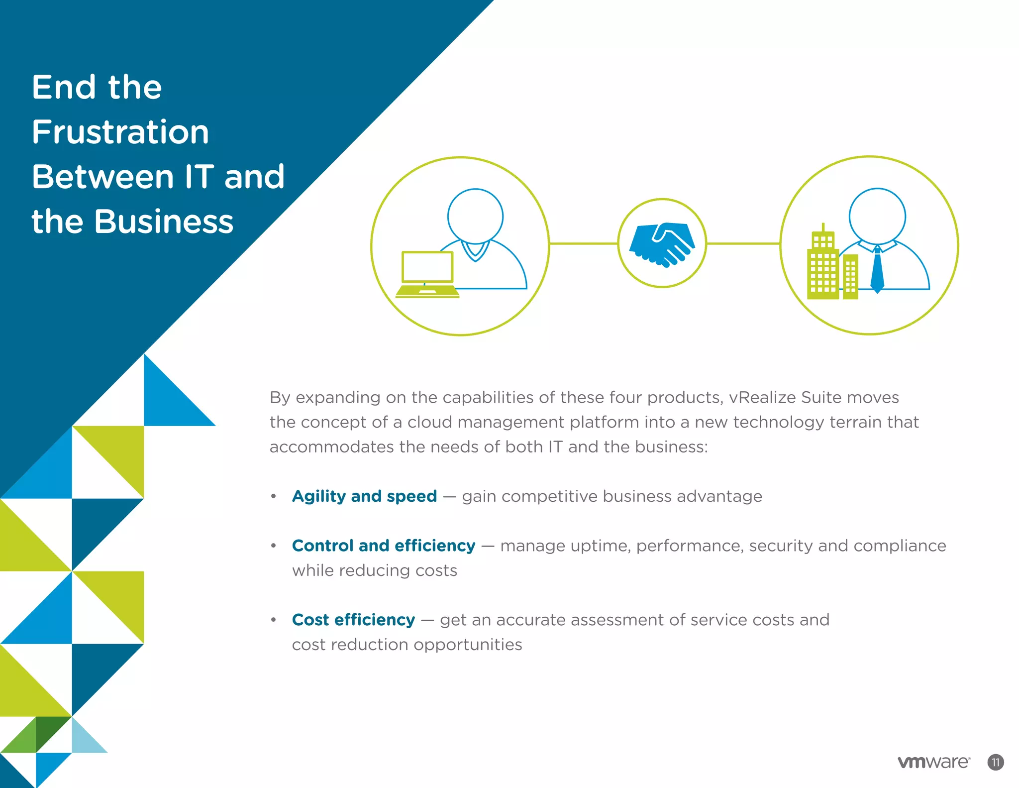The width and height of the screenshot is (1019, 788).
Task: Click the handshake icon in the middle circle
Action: (662, 244)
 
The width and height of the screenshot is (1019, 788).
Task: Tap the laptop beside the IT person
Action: (427, 274)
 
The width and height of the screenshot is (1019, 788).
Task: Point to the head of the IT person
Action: (475, 216)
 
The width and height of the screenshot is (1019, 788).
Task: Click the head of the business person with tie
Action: (877, 216)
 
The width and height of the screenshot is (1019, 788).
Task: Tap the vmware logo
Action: (933, 762)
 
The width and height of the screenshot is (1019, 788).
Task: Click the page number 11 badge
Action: (995, 762)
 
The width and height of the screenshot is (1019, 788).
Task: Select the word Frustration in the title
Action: (120, 132)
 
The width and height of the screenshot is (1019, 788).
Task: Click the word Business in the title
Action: (164, 222)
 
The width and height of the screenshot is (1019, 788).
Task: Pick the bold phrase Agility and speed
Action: (364, 496)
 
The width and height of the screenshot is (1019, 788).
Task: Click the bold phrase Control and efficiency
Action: (383, 546)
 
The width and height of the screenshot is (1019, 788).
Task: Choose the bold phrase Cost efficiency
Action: (353, 620)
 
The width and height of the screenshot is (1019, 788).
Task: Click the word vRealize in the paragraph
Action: (762, 398)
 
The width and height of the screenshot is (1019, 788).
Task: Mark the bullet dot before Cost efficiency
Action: (273, 620)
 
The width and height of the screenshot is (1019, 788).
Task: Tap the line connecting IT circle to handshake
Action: (583, 243)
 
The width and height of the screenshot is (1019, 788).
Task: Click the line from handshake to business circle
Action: (743, 243)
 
